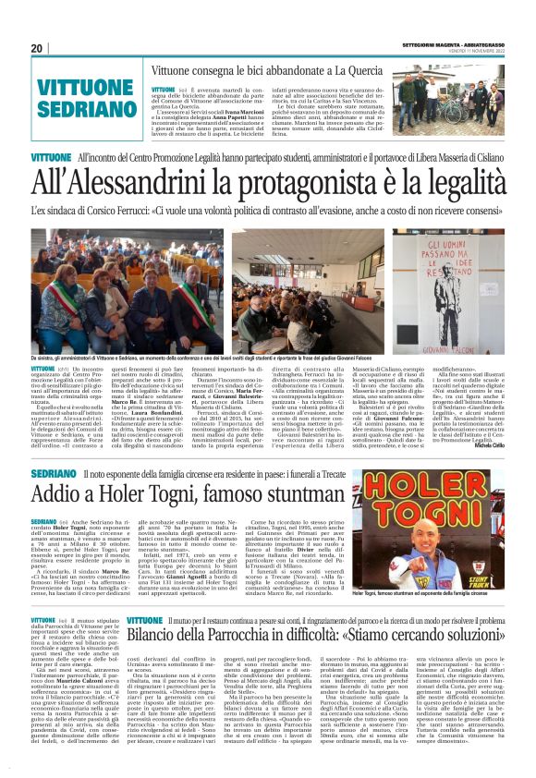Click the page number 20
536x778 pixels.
(37, 48)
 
